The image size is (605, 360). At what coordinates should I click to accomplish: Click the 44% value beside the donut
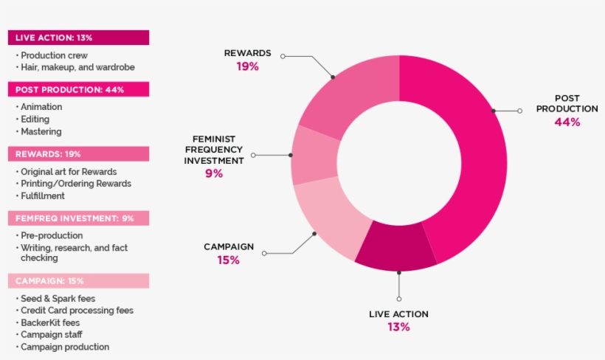coord(567,122)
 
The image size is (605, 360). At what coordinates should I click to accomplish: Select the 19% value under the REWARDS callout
coord(247,66)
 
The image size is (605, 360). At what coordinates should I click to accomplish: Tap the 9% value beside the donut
coord(214,173)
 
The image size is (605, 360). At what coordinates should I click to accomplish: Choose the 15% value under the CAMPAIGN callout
coord(229,260)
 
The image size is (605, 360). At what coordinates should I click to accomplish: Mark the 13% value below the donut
coord(398,327)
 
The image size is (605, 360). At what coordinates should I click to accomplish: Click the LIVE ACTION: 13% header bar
coord(78,38)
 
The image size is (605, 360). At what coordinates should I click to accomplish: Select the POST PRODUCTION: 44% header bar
coord(78,89)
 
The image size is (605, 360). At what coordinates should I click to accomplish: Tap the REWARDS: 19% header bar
coord(78,154)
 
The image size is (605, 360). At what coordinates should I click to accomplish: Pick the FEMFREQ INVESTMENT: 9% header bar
coord(78,218)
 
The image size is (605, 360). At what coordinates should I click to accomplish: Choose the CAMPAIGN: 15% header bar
coord(78,281)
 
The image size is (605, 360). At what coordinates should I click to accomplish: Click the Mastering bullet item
coord(41,131)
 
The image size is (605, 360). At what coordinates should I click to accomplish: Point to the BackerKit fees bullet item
coord(50,323)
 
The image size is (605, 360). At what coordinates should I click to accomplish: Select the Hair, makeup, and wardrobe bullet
coord(77,67)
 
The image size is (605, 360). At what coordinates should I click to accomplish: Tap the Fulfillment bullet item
coord(43,195)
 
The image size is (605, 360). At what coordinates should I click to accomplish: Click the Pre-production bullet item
coord(50,235)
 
